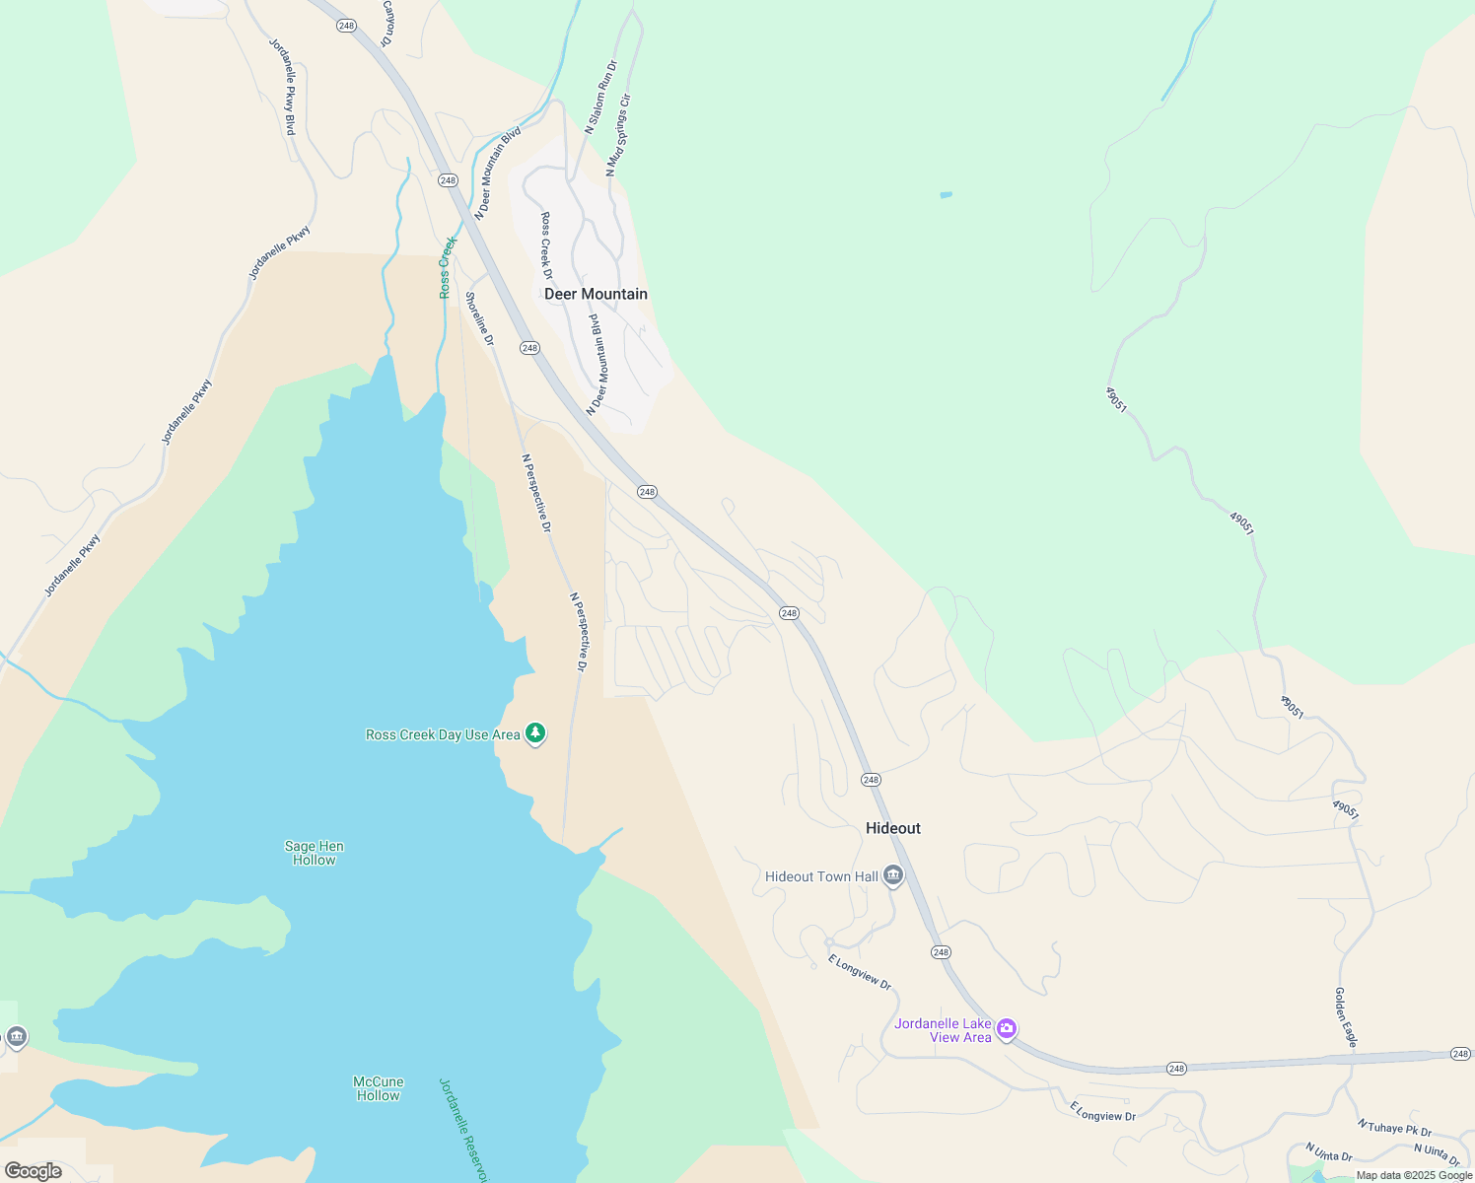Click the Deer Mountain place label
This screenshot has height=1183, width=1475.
click(x=596, y=294)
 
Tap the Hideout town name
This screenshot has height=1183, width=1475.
click(x=892, y=828)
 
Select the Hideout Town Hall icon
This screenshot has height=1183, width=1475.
click(x=893, y=875)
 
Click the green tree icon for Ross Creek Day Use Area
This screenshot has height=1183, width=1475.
click(x=535, y=733)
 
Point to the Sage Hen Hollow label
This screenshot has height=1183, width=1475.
click(x=314, y=853)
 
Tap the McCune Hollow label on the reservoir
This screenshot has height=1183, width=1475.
click(x=378, y=1088)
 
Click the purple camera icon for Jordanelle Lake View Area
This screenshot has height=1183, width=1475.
click(x=1006, y=1029)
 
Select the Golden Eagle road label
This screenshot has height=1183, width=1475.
click(x=1346, y=1016)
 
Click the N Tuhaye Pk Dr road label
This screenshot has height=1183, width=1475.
click(x=1394, y=1128)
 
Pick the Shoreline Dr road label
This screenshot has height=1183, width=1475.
click(x=479, y=318)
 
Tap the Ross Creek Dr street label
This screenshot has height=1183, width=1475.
click(x=546, y=245)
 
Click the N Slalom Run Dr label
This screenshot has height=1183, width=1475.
click(x=600, y=97)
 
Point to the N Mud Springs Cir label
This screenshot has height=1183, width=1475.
click(x=617, y=135)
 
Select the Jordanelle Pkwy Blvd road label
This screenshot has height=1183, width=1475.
click(x=283, y=87)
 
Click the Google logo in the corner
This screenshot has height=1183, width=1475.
click(x=33, y=1171)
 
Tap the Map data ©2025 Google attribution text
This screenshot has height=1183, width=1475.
click(x=1414, y=1175)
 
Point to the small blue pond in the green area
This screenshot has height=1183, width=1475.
click(x=946, y=195)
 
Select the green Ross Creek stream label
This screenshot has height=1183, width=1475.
click(x=448, y=267)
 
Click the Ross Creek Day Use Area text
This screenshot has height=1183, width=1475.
click(x=443, y=734)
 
